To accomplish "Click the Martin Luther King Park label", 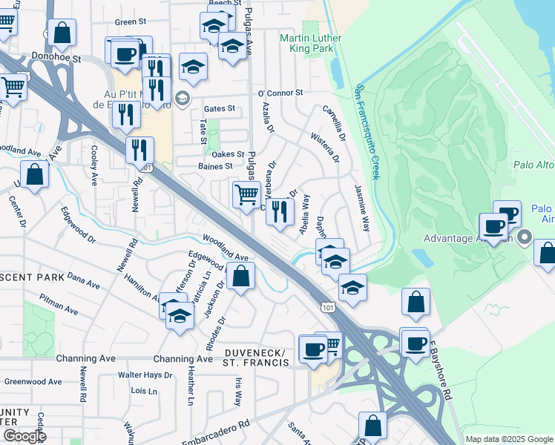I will (309, 44).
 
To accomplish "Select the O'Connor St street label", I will (280, 93).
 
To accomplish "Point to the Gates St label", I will (220, 108).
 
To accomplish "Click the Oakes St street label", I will (229, 154).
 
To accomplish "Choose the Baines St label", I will (216, 166).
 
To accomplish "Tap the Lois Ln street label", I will (144, 390).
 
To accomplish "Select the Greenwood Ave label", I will (33, 382).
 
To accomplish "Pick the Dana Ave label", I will (83, 280).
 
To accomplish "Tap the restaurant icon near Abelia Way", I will (280, 211).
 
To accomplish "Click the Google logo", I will (24, 435).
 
